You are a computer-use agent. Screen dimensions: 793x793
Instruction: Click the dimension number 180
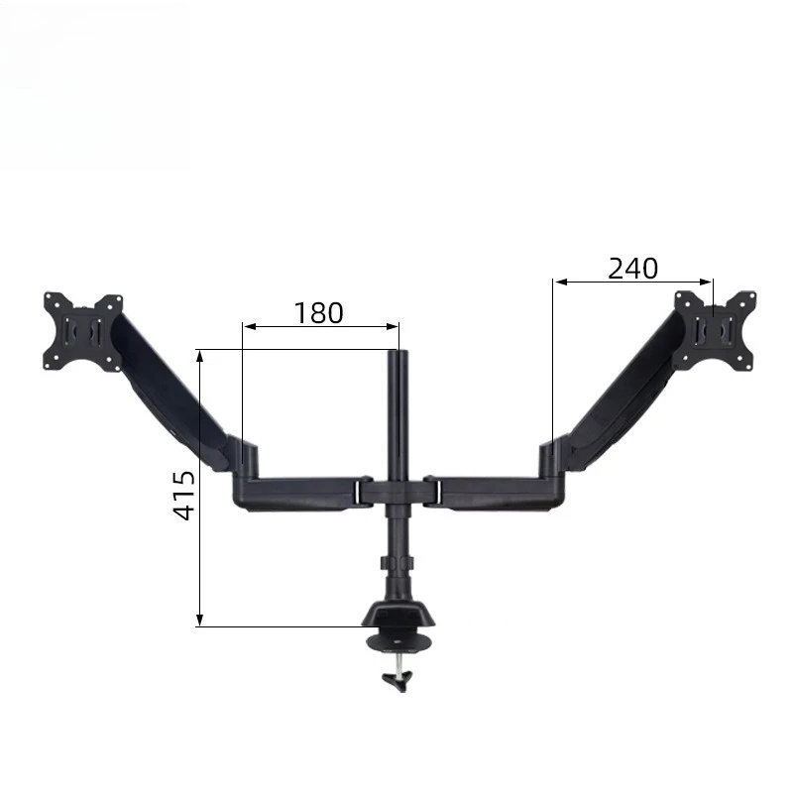point(318,313)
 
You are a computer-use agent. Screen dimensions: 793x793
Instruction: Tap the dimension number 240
point(632,269)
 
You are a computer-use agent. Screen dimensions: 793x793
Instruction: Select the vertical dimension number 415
point(183,495)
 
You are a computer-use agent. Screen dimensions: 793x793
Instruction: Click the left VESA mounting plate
point(83,331)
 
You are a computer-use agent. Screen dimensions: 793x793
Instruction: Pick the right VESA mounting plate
point(715,331)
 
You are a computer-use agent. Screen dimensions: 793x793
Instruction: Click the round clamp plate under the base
point(399,642)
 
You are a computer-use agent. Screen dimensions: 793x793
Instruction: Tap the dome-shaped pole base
point(398,613)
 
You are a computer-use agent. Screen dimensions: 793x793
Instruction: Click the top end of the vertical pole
point(398,352)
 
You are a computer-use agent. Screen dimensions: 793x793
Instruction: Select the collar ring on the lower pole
point(397,563)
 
